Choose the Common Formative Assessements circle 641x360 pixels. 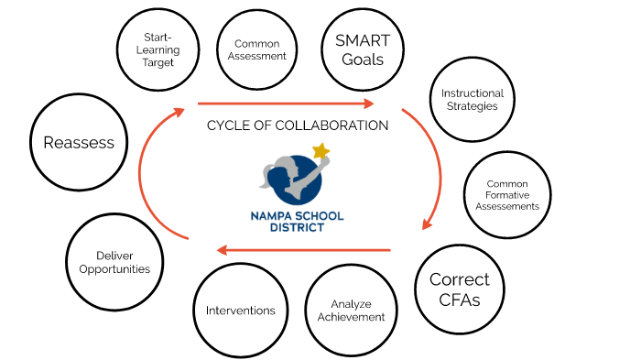[507, 194]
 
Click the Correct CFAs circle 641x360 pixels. [460, 288]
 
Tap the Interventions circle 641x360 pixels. [241, 311]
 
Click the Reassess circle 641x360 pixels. [79, 142]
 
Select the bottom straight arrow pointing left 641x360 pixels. [303, 249]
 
